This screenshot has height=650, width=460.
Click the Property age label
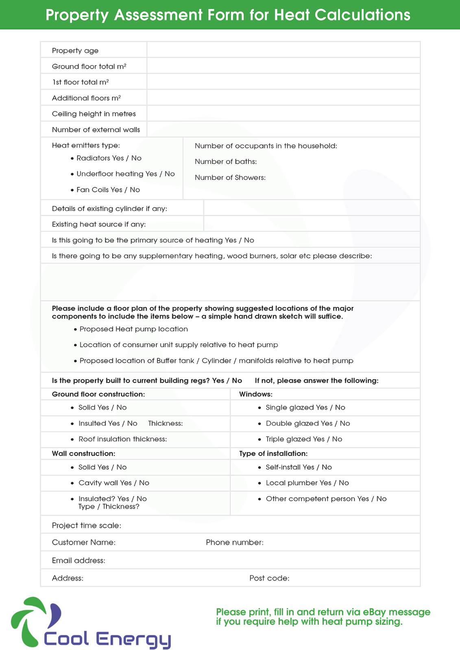click(x=75, y=51)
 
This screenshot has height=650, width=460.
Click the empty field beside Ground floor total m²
click(x=283, y=66)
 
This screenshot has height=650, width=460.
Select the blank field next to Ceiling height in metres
click(x=283, y=113)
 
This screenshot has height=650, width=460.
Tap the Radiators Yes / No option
click(x=109, y=158)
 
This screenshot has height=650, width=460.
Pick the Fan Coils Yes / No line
click(x=108, y=190)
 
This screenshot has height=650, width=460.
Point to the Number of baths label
click(x=226, y=162)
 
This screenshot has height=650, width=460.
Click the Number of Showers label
click(x=230, y=178)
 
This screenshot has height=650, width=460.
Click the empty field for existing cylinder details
click(x=312, y=208)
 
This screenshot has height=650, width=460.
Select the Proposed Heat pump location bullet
click(x=133, y=329)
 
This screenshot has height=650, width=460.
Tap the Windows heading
click(x=256, y=394)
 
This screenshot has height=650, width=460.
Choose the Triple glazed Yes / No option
click(x=304, y=439)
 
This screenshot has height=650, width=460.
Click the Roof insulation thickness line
click(x=122, y=439)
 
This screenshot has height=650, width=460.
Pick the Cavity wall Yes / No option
click(x=114, y=483)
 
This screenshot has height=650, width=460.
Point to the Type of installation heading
click(x=273, y=453)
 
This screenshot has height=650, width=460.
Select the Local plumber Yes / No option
click(x=307, y=483)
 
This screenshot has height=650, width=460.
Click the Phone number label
click(x=235, y=542)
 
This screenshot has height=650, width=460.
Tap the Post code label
click(x=269, y=578)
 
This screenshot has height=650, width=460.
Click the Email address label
click(x=78, y=561)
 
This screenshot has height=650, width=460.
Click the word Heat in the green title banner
click(x=292, y=15)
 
